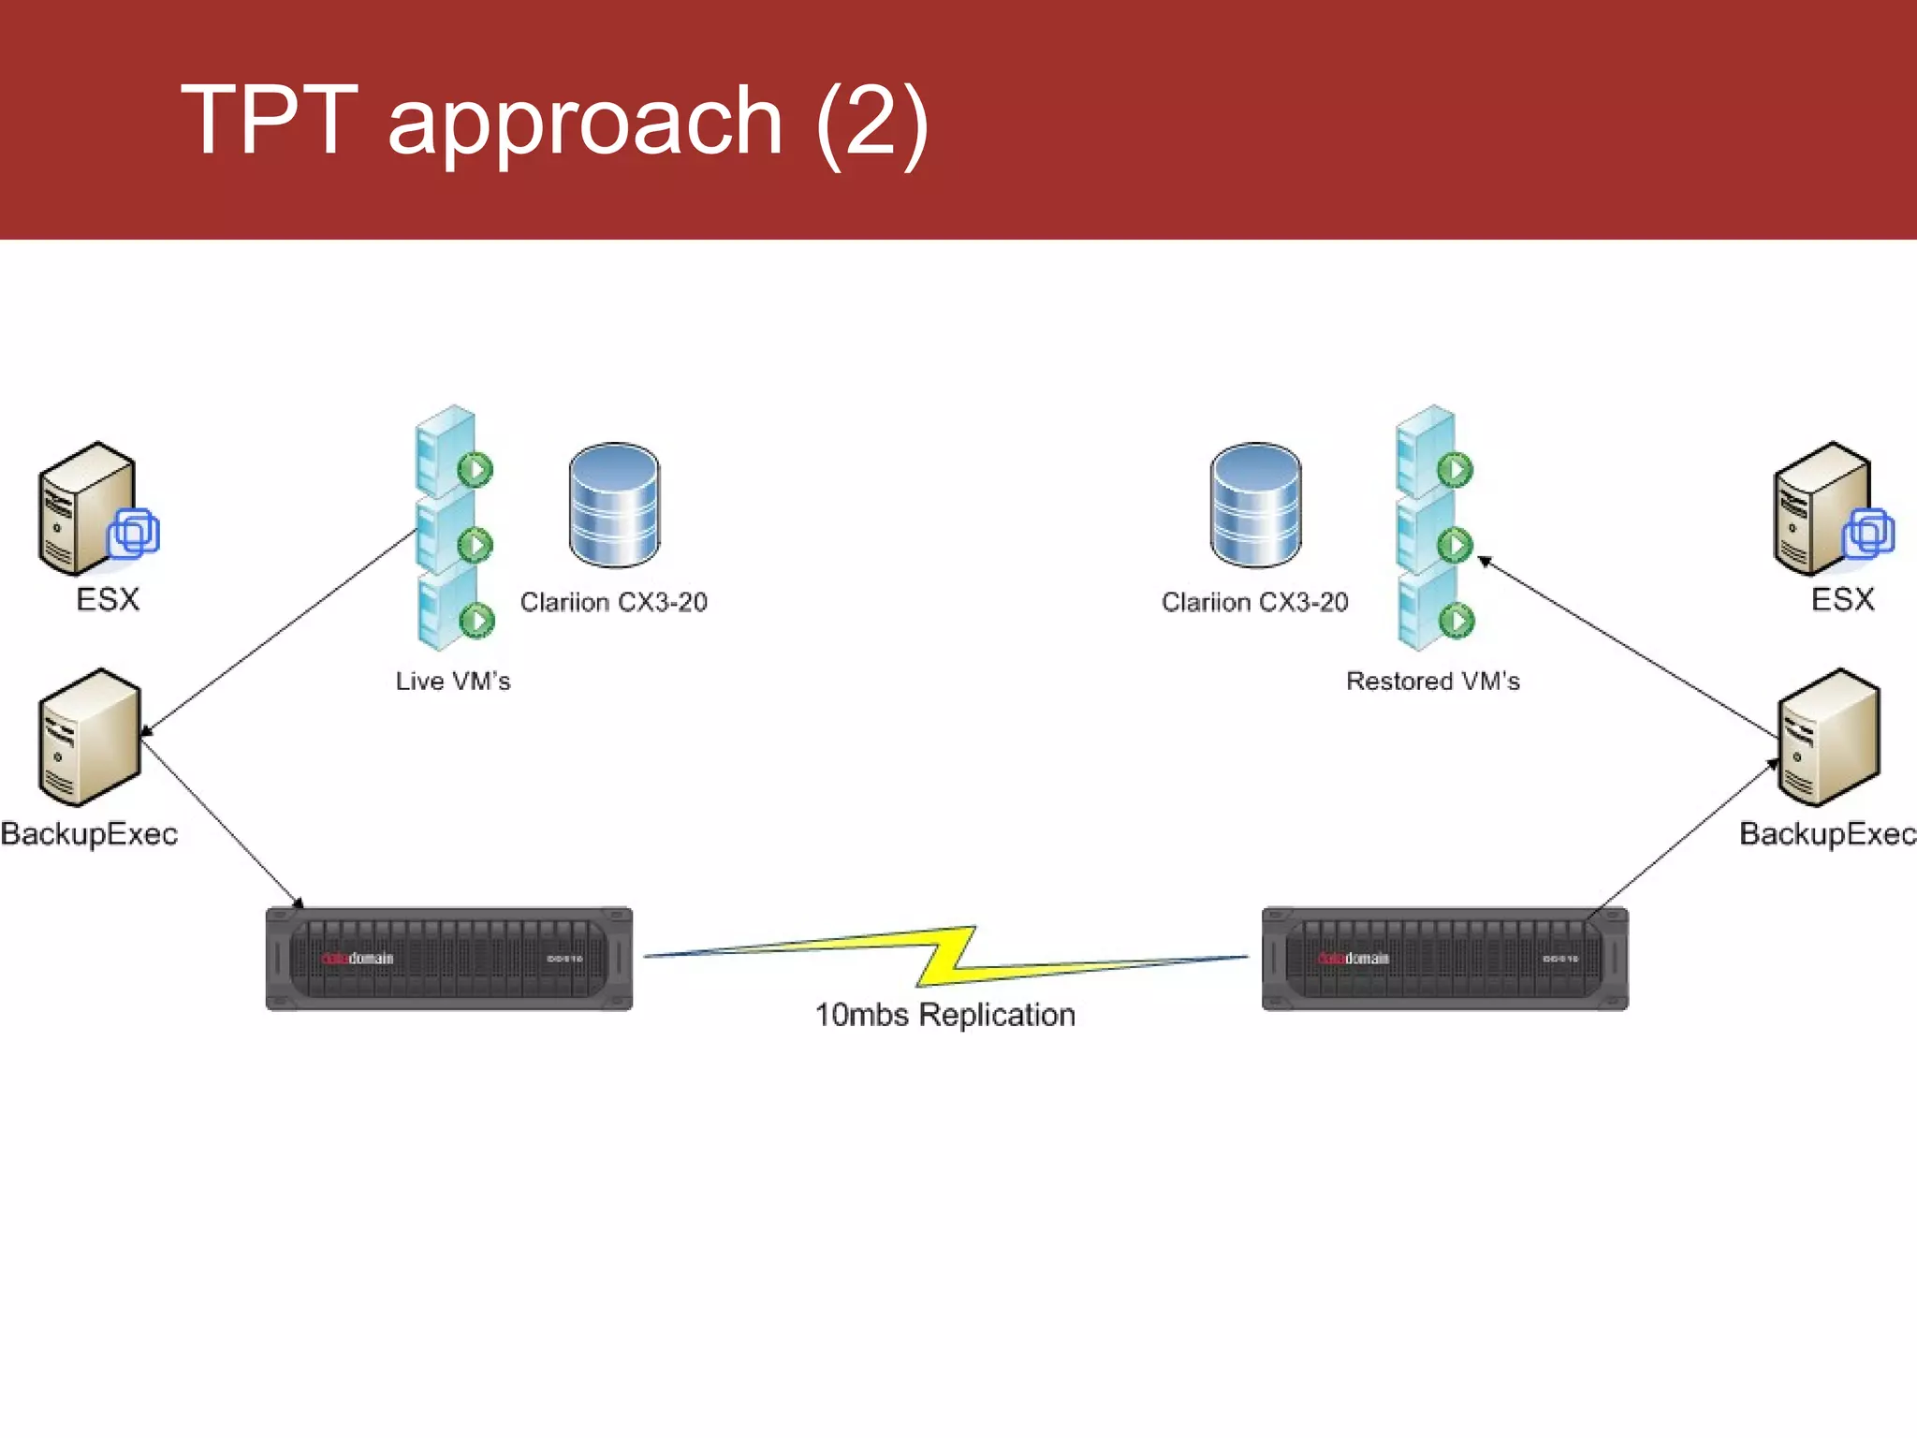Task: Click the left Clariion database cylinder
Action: tap(614, 505)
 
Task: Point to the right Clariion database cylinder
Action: tap(1255, 505)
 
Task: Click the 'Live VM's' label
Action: tap(453, 681)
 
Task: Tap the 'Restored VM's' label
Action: tap(1432, 681)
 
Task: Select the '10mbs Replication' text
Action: tap(945, 1015)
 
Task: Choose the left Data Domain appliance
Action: tap(449, 959)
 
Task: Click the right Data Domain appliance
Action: tap(1444, 959)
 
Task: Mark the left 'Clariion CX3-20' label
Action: tap(614, 602)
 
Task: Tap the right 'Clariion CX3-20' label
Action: tap(1255, 602)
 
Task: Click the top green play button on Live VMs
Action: tap(476, 469)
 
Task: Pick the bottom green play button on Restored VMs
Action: tap(1456, 620)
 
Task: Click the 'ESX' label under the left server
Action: tap(108, 599)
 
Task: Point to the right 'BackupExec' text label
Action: tap(1827, 833)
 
